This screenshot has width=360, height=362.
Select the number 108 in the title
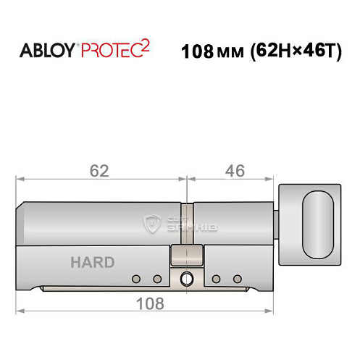coord(195,53)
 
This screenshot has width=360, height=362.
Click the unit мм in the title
coord(226,54)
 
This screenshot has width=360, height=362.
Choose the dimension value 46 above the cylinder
coord(234,171)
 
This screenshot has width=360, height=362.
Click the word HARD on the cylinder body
coord(92,262)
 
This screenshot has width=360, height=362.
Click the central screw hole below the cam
coord(188,278)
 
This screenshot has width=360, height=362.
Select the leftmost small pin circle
coord(136,279)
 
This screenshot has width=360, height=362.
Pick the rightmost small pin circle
coord(236,279)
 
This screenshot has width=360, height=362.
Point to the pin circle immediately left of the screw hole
coord(156,279)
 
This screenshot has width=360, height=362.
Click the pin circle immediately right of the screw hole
coord(216,279)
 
